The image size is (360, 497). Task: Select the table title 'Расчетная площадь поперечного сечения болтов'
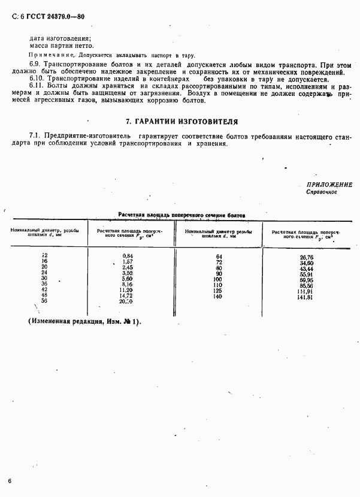point(181,214)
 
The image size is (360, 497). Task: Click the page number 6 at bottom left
point(10,481)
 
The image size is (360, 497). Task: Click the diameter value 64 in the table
point(219,256)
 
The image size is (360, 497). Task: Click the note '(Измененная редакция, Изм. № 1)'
point(84,321)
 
